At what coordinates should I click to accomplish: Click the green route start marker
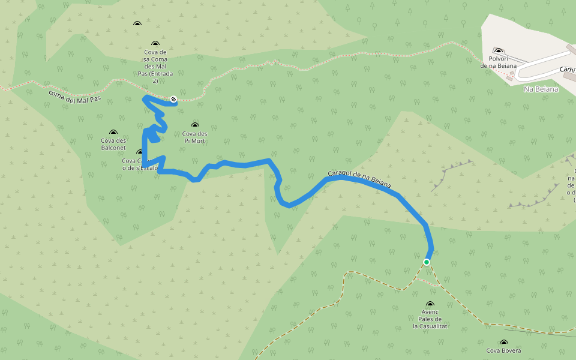click(x=427, y=262)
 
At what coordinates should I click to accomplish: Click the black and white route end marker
click(x=173, y=98)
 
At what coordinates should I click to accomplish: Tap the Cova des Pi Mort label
click(x=195, y=137)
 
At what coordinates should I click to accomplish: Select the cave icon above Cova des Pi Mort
click(x=194, y=125)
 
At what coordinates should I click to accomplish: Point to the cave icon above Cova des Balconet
click(x=113, y=132)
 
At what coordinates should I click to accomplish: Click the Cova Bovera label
click(x=503, y=350)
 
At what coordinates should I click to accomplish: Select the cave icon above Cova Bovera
click(x=503, y=342)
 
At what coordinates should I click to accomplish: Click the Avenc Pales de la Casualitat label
click(x=430, y=319)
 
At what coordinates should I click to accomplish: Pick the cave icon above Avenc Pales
click(x=430, y=305)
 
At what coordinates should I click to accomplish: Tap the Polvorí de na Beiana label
click(x=499, y=62)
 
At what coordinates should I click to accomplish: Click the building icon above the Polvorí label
click(x=498, y=50)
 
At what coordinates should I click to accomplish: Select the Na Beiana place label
click(x=541, y=89)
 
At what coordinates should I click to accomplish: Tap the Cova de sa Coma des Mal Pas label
click(x=155, y=66)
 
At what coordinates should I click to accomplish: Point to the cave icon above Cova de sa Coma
click(x=155, y=44)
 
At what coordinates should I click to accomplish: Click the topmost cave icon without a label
click(x=137, y=23)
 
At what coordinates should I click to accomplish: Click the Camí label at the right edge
click(x=567, y=70)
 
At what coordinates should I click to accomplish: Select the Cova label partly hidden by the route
click(x=139, y=164)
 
